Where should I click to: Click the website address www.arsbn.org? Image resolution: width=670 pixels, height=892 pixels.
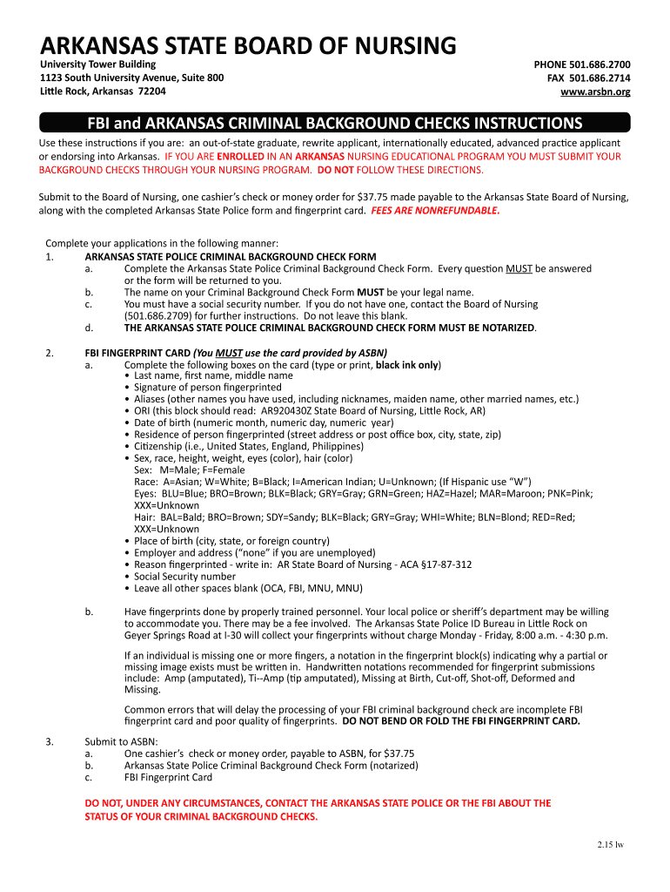click(x=595, y=91)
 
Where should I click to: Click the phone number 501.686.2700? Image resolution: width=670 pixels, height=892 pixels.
click(x=600, y=64)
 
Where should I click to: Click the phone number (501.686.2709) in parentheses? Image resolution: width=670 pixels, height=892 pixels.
click(x=161, y=316)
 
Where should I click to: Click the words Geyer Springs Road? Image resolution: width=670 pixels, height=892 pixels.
click(x=168, y=635)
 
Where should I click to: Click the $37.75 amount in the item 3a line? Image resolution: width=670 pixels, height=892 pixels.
click(x=397, y=753)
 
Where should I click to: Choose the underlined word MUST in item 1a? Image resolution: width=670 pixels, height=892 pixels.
click(x=519, y=268)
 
